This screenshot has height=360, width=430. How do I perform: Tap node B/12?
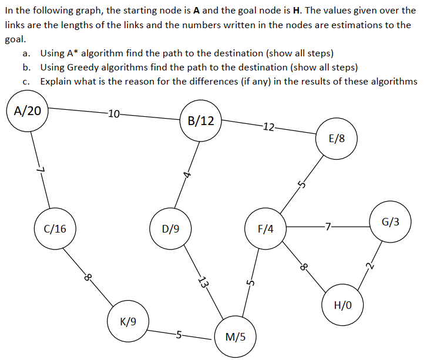201,122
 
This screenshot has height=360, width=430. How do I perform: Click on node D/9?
171,228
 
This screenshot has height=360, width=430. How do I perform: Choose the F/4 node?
266,228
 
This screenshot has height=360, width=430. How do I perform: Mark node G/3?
391,222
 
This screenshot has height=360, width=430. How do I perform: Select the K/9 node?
128,321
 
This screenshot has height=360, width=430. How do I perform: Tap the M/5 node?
236,337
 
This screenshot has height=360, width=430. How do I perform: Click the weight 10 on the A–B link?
114,113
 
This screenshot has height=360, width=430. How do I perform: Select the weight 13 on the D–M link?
204,282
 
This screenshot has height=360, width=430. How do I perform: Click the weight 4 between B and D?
186,174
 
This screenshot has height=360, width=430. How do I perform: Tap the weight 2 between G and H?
369,266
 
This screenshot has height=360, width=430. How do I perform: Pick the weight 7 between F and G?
328,225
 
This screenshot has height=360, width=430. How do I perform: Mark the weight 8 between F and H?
304,267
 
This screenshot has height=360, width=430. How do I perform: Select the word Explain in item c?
57,81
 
